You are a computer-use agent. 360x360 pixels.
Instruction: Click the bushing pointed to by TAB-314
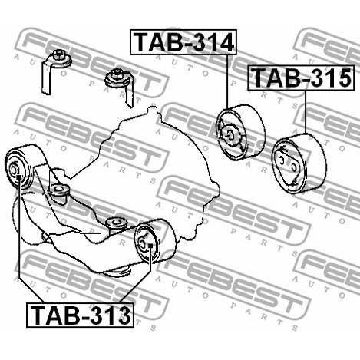(x=240, y=132)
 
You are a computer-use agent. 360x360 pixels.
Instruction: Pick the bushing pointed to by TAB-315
(x=299, y=163)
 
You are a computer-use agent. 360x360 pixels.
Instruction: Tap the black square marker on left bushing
(x=19, y=177)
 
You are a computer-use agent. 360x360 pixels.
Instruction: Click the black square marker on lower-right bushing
(x=150, y=246)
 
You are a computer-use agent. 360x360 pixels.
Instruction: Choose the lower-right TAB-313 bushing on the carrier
(x=155, y=240)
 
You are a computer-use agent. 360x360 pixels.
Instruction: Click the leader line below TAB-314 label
(x=227, y=81)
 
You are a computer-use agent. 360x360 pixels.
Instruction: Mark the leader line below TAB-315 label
(x=306, y=112)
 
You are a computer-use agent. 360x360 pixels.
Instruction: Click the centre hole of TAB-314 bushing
(x=230, y=134)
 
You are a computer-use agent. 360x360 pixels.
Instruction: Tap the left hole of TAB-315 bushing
(x=281, y=160)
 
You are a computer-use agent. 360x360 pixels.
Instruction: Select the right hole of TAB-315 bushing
(x=294, y=167)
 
